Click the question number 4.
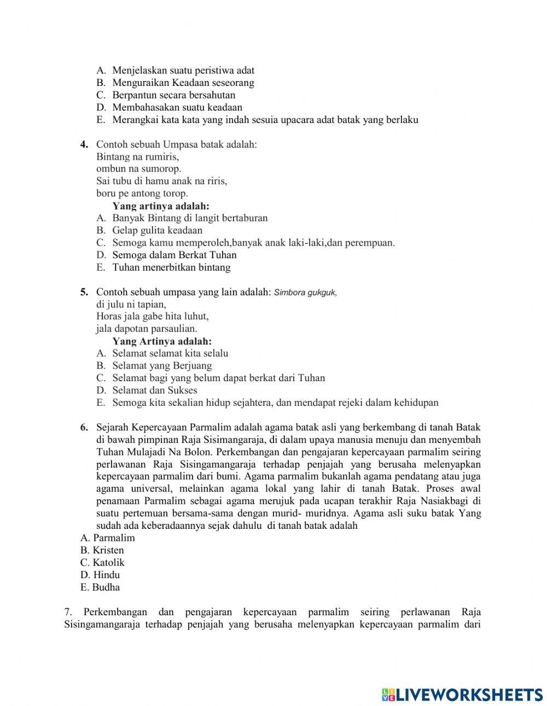coord(84,144)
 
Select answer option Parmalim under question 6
coord(108,538)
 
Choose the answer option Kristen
coord(102,550)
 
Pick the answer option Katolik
coord(102,563)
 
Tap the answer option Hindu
coord(100,575)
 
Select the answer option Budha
coord(100,587)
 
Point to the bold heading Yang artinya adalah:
coord(161,206)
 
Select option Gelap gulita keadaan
coord(157,230)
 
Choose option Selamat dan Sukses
coord(154,390)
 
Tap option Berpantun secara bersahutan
coord(173,95)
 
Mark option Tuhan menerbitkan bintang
coord(171,267)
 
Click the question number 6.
coord(84,427)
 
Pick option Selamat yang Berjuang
coord(162,366)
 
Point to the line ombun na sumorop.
coord(138,169)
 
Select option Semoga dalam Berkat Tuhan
coord(174,255)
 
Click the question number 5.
coord(84,292)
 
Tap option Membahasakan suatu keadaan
coord(177,108)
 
